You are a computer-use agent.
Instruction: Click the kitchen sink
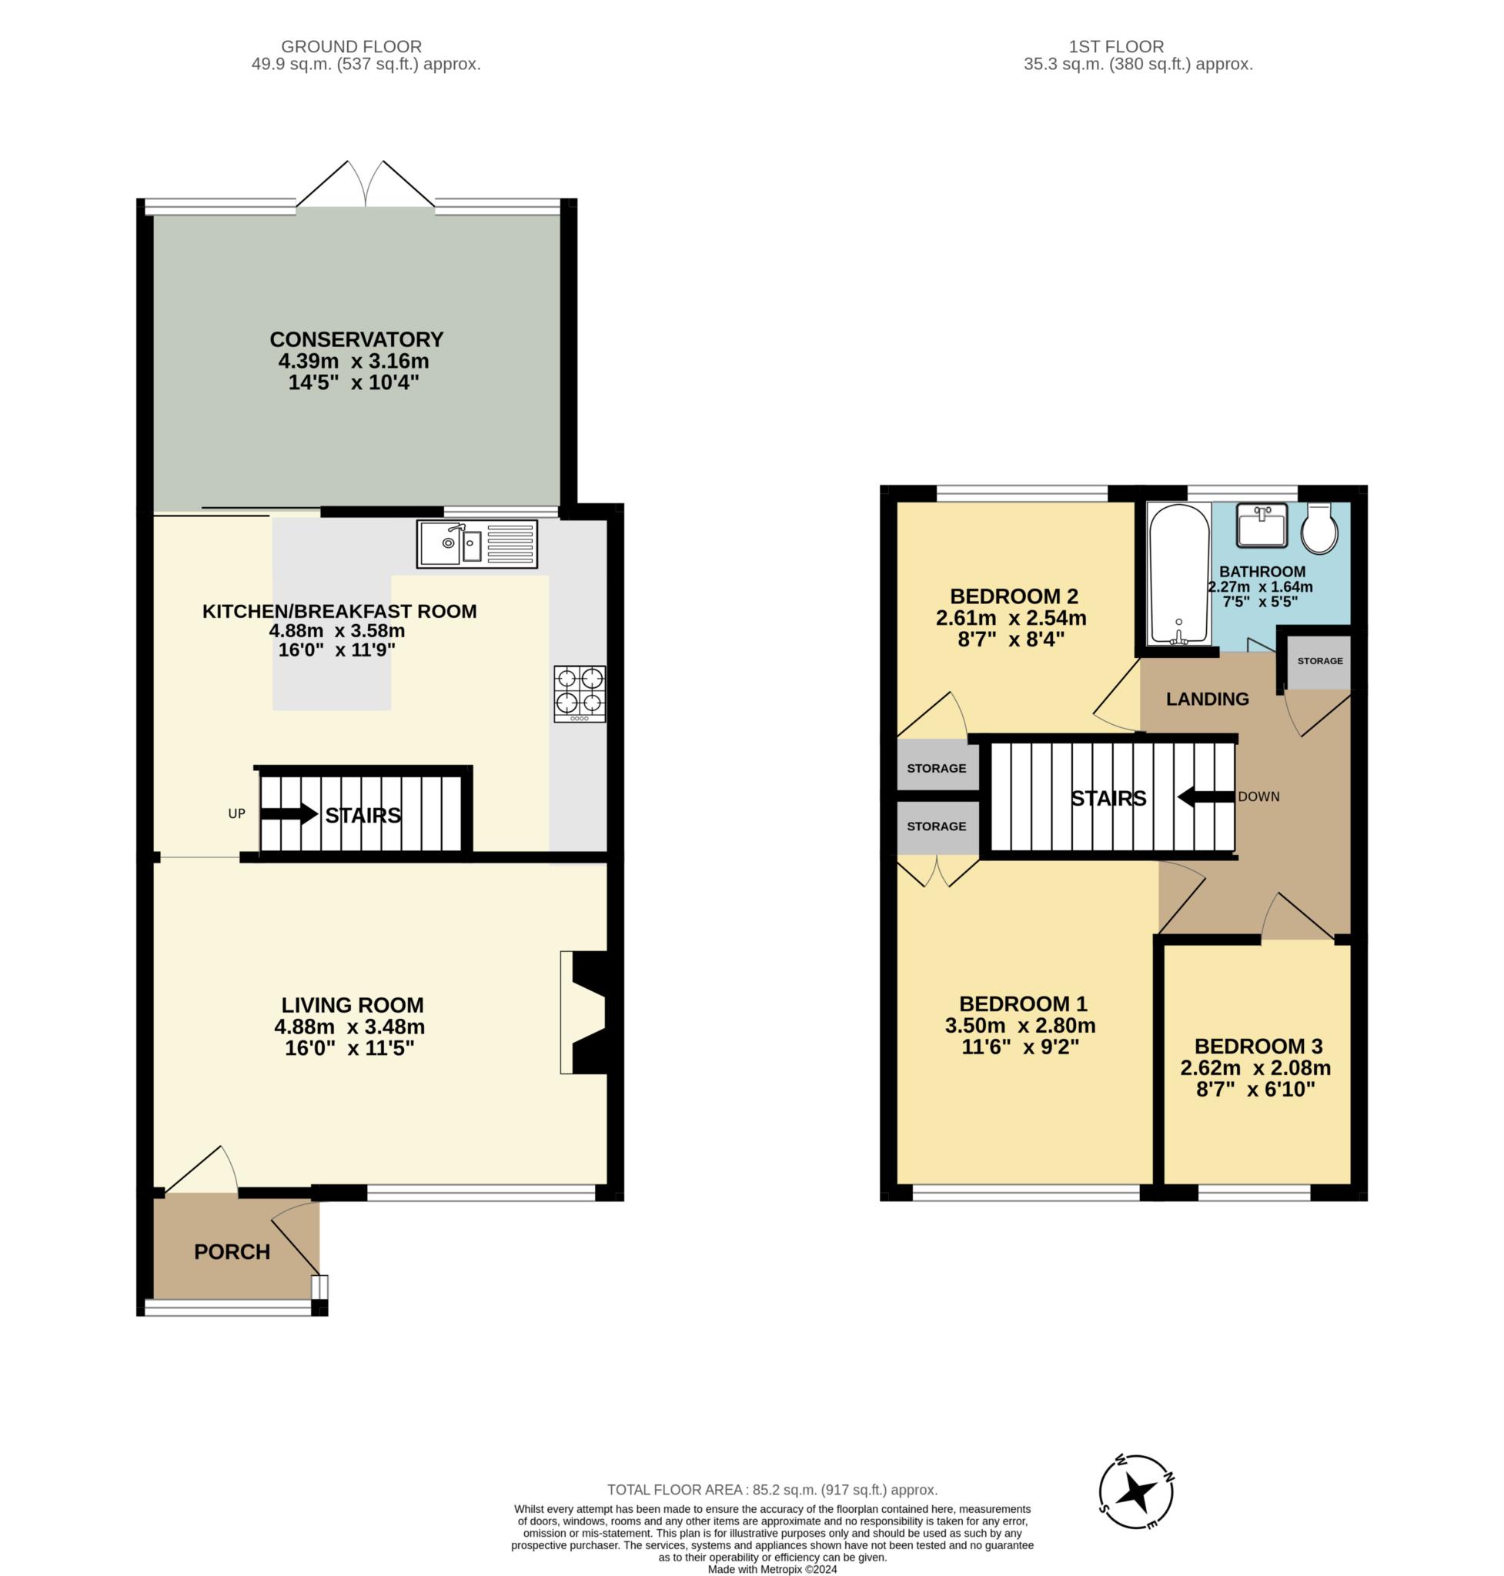point(477,544)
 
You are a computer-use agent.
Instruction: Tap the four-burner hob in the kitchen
point(580,693)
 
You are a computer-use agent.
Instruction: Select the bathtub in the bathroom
point(1178,574)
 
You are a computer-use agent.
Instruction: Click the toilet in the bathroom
point(1319,528)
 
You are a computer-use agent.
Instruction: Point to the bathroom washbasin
point(1262,525)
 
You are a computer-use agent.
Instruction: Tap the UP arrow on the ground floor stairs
point(289,813)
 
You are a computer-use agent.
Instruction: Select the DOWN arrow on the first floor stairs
point(1206,796)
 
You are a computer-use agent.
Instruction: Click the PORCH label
point(232,1251)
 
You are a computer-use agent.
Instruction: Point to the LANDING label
point(1208,699)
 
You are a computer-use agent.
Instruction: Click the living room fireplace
point(590,1013)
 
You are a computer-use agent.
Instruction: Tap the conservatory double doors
point(366,185)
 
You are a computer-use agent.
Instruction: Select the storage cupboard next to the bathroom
point(1319,660)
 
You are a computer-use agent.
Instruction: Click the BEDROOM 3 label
point(1258,1046)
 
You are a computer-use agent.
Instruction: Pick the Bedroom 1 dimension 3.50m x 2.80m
point(1020,1025)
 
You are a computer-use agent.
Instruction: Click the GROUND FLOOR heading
point(351,46)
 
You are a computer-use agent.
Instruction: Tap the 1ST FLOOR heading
point(1116,46)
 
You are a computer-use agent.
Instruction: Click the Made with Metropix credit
point(772,1569)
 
